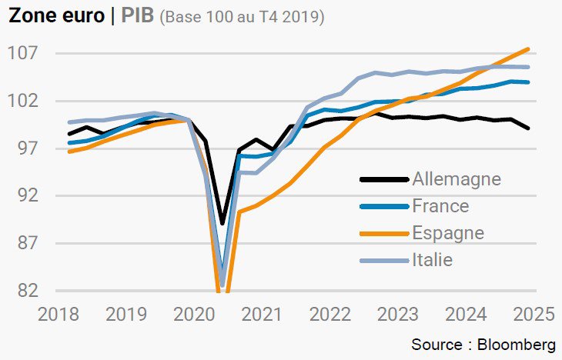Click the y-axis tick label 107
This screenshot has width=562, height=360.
coord(23,53)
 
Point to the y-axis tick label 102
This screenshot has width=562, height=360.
coord(23,101)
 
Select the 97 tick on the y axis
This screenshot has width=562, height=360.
coord(28,148)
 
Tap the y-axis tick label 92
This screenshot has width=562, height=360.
coord(28,195)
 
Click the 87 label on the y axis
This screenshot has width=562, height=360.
coord(28,243)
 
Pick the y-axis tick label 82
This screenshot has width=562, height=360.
coord(28,291)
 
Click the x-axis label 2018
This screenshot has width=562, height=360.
coord(59,315)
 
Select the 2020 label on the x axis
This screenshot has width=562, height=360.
coord(194,315)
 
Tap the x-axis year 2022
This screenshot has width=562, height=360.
coord(330,315)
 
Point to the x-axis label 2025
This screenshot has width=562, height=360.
coord(534,315)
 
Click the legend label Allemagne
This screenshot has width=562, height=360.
coord(457,179)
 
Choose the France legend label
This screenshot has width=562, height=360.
coord(440,206)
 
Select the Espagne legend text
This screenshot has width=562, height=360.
coord(448,234)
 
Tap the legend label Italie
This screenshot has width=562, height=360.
coord(432,260)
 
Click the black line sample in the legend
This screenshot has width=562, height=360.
coord(384,179)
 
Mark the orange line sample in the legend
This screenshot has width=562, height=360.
coord(384,234)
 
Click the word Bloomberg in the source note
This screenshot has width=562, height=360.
coord(517,345)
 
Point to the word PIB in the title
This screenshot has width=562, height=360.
coord(137,15)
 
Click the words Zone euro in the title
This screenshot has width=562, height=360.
coord(57,15)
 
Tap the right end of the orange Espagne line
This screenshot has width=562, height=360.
coord(528,49)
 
